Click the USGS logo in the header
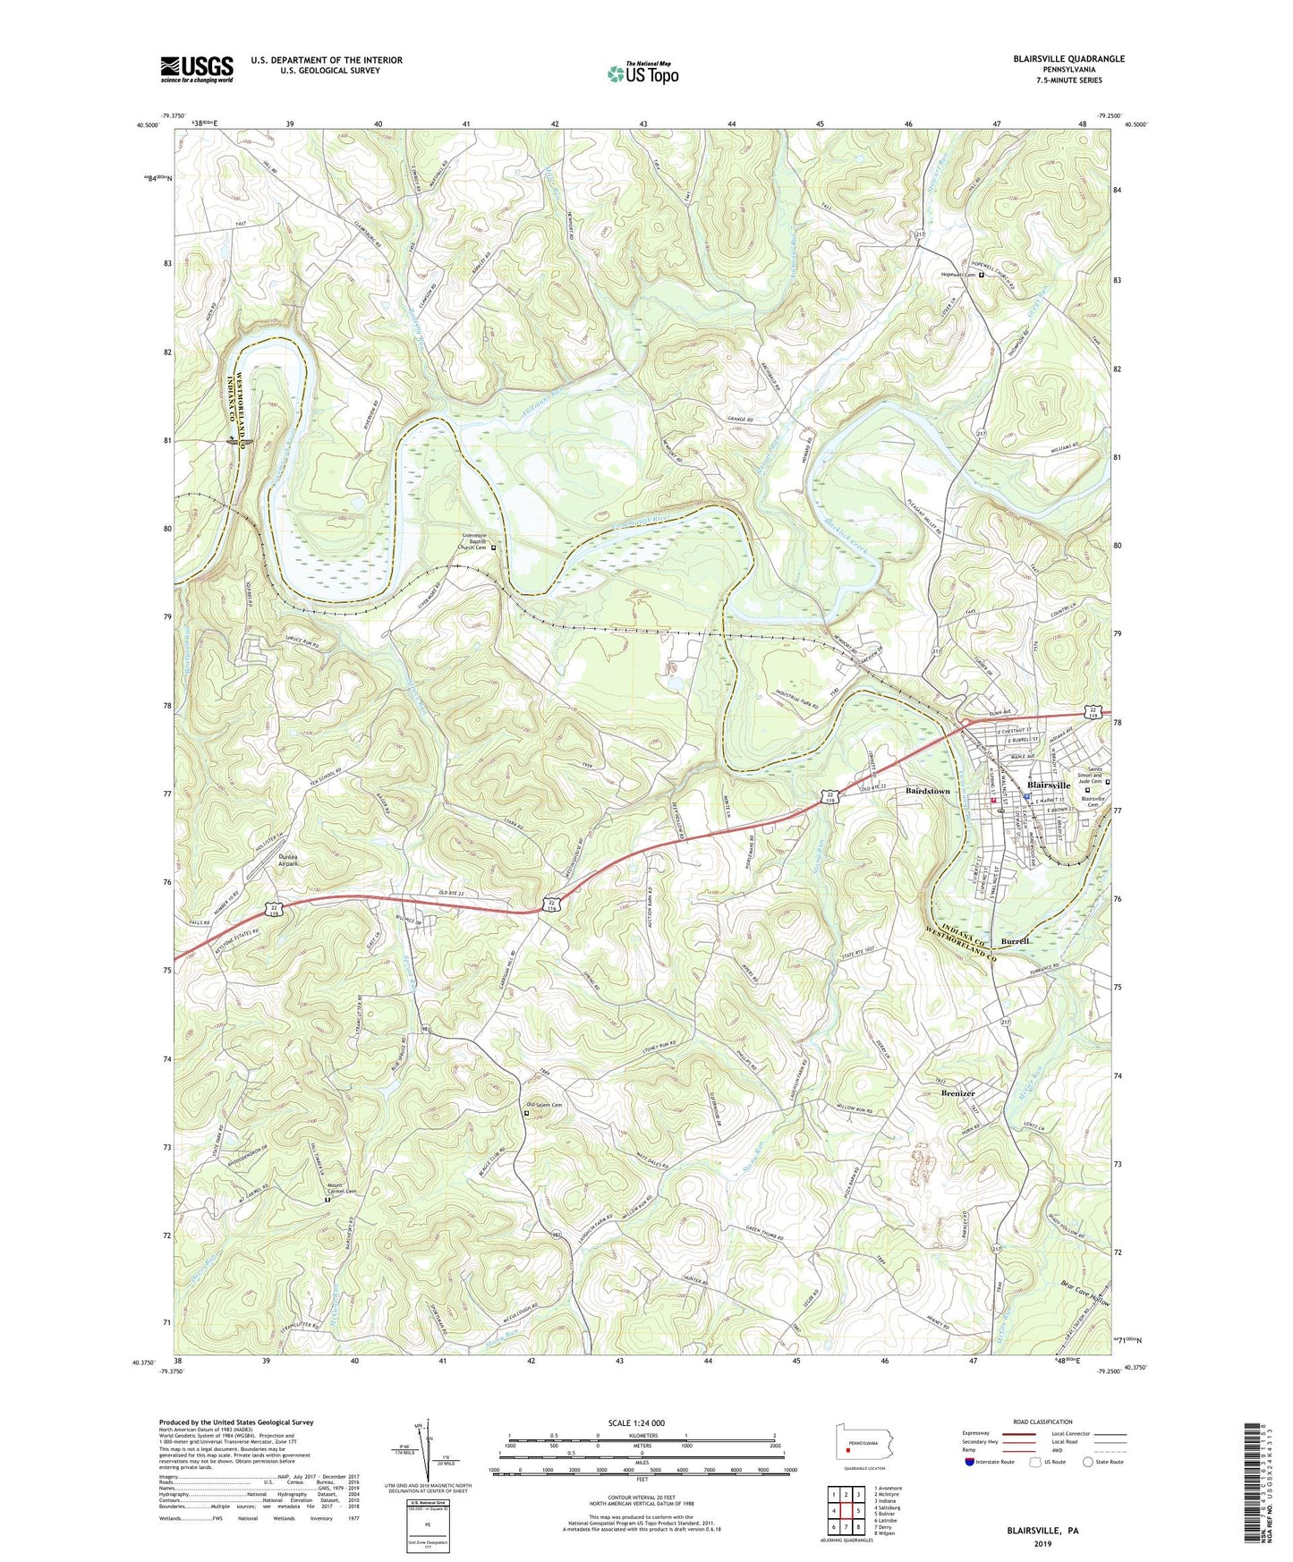tap(197, 68)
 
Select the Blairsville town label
tap(1049, 785)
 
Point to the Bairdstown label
tap(927, 792)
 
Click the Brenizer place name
tap(957, 1093)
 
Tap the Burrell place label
tap(1016, 942)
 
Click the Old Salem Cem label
tap(544, 1105)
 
